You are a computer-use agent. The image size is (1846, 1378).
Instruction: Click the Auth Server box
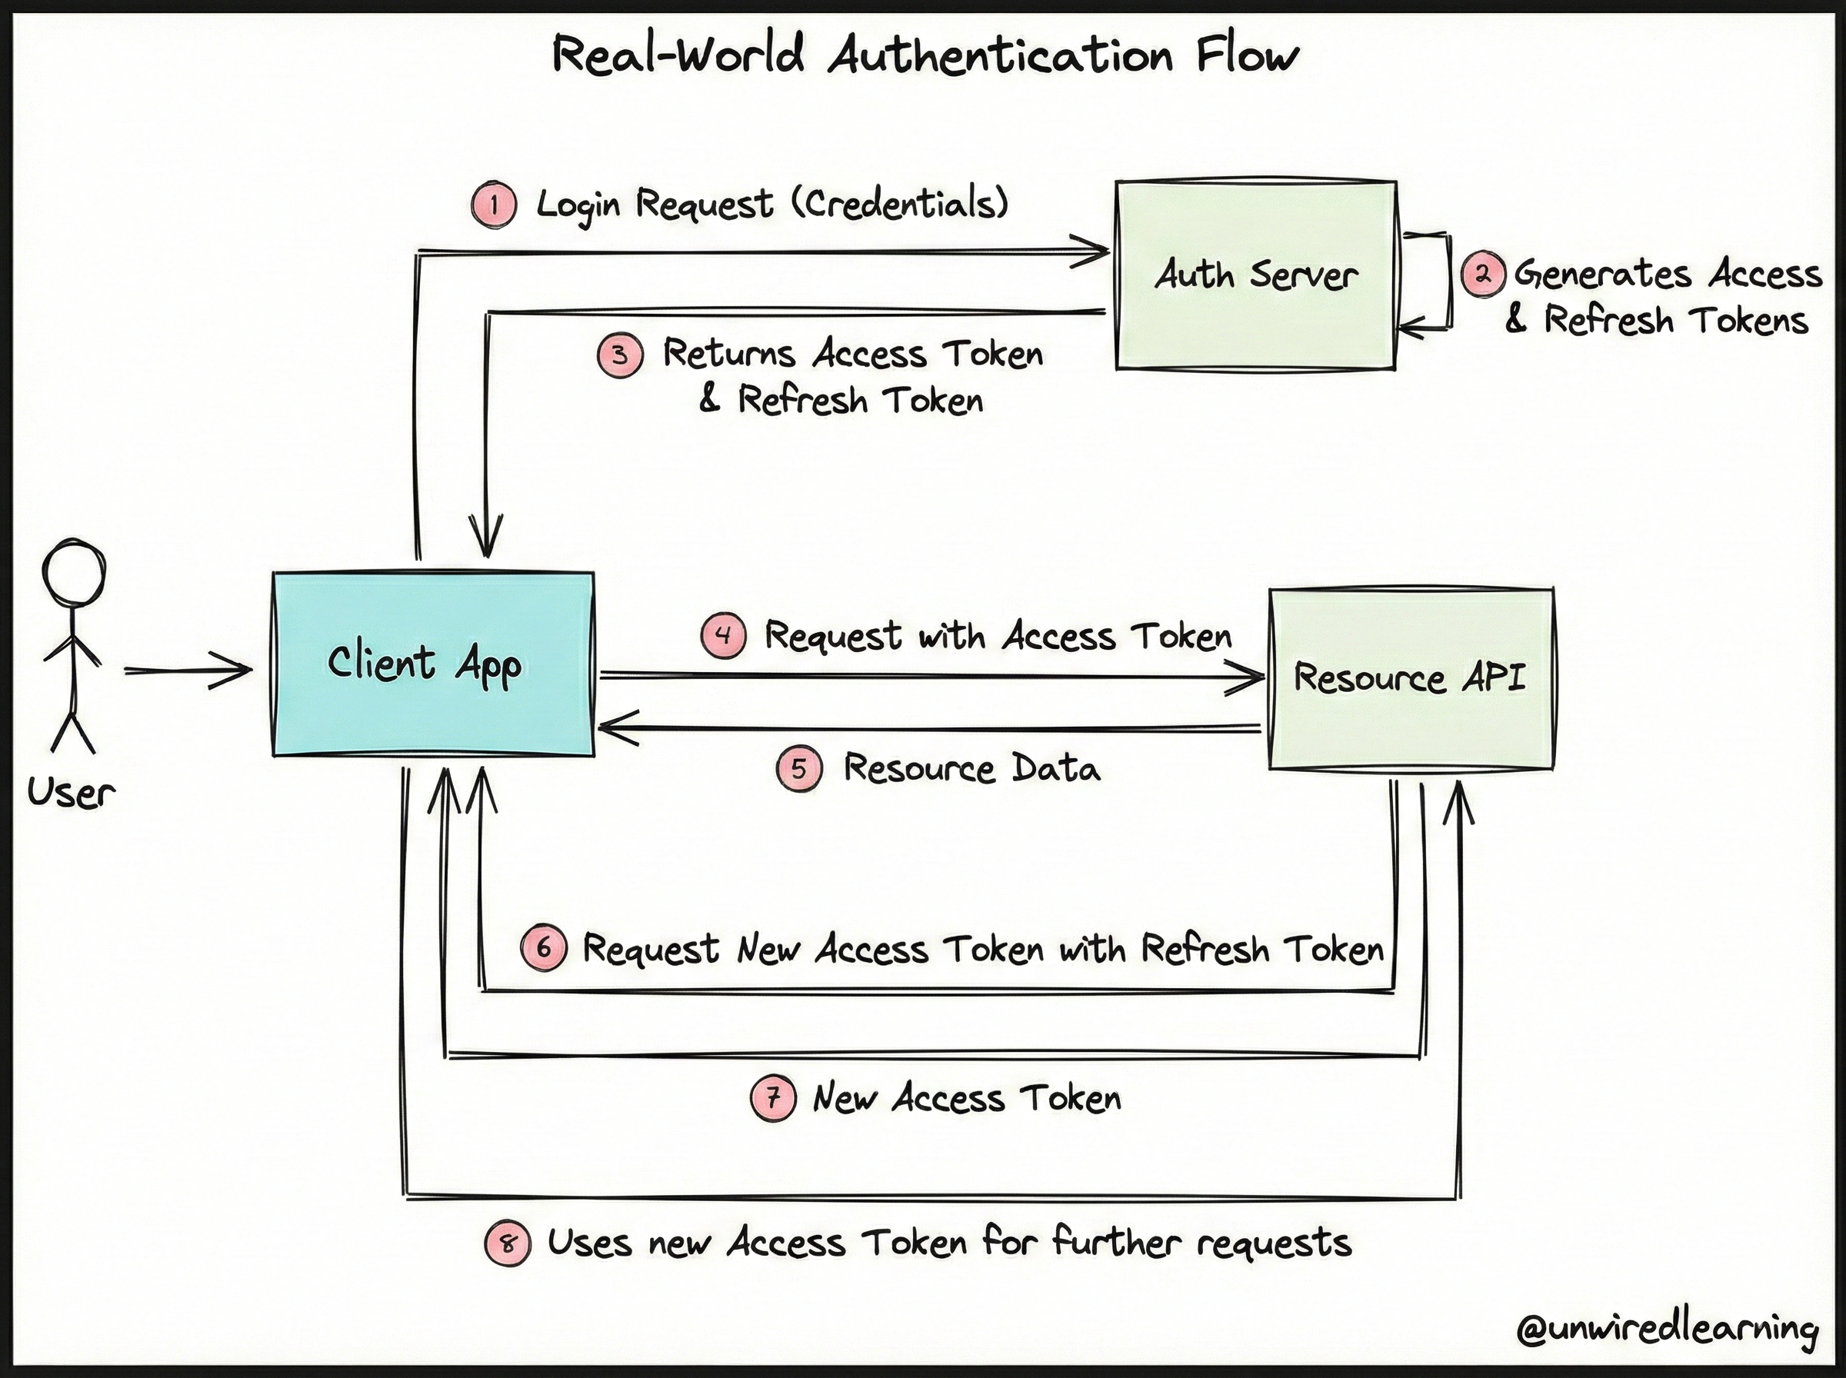(1255, 275)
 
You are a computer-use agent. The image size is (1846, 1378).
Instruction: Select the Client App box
(433, 664)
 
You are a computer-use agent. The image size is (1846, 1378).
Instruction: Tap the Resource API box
(1411, 678)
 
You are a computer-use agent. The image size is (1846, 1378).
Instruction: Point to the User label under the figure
(71, 793)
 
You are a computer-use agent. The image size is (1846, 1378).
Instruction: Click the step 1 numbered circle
(494, 205)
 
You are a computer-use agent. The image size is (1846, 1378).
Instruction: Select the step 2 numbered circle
(1483, 274)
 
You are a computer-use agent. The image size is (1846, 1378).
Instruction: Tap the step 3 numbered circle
(620, 354)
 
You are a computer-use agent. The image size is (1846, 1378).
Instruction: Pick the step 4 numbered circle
(723, 636)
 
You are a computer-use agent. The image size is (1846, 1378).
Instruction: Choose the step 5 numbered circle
(799, 768)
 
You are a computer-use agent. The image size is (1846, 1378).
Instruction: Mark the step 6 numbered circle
(544, 947)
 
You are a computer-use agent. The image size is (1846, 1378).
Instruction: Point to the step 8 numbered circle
(507, 1243)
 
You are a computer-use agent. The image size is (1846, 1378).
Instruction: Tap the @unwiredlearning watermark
(1668, 1328)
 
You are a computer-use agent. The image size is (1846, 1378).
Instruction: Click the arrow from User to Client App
(188, 670)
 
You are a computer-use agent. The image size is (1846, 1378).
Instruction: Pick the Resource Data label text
(971, 767)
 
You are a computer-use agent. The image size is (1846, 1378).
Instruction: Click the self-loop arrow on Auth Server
(1450, 282)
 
